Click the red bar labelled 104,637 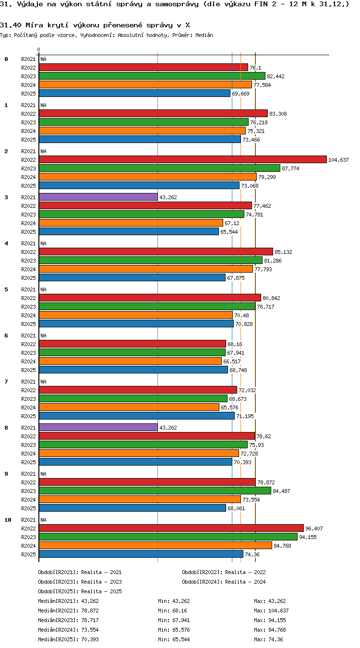point(183,159)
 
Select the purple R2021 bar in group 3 point(98,197)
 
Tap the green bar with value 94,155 point(168,537)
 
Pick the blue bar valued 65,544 point(129,231)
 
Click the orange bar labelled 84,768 point(156,546)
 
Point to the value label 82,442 point(276,76)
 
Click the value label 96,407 point(314,528)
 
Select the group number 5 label point(6,289)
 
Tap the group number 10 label point(8,520)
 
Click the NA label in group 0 point(43,60)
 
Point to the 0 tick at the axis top point(38,50)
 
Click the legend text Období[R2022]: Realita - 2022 point(224,572)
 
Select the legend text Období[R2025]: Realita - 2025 point(80,591)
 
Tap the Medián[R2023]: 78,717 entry point(68,620)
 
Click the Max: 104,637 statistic point(271,611)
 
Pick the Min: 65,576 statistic point(174,630)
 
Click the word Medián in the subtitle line point(204,36)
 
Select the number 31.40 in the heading point(11,25)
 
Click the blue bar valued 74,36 point(141,554)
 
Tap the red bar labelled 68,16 point(132,344)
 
